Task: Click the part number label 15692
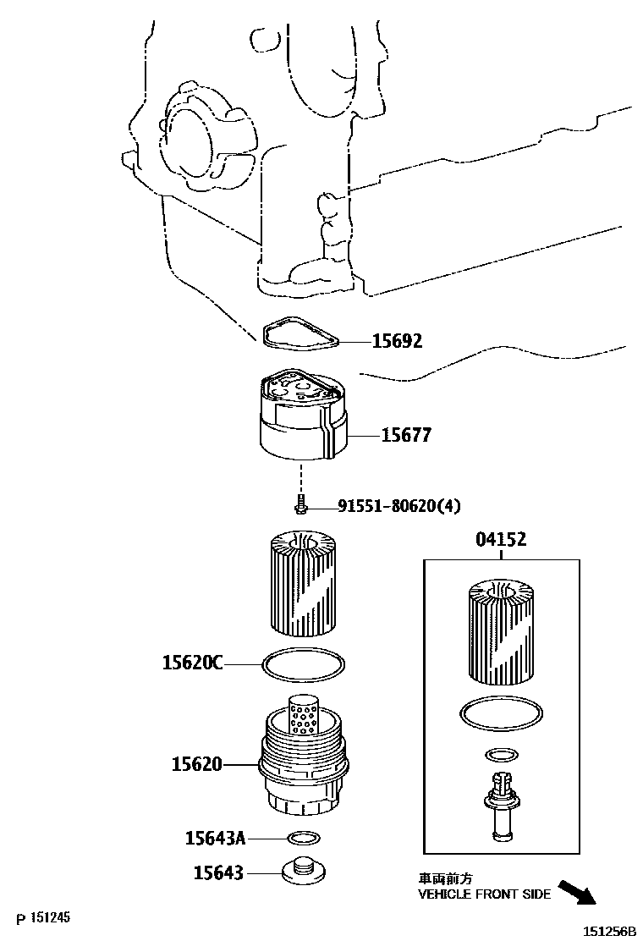pos(397,342)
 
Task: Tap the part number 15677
pos(406,435)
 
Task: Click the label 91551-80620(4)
pos(399,506)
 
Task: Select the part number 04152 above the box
pos(500,540)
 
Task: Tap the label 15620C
pos(192,663)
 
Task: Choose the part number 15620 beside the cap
pos(196,764)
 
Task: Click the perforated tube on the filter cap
pos(303,712)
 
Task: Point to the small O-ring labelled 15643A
pos(304,838)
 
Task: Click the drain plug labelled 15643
pos(304,872)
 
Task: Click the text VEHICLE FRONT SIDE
pos(485,894)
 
